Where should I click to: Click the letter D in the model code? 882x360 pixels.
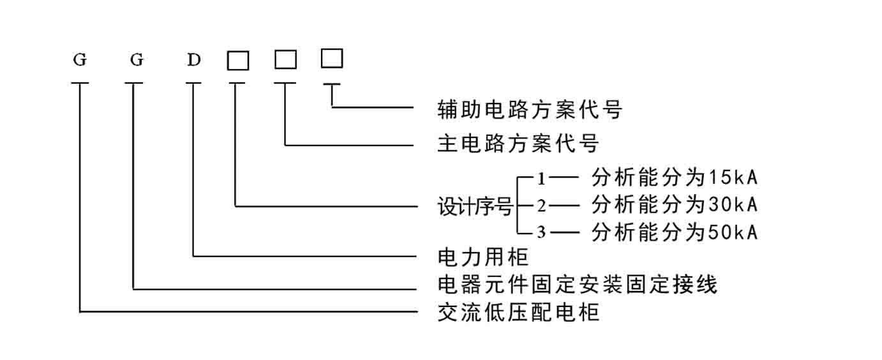(194, 60)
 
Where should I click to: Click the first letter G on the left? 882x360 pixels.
(80, 60)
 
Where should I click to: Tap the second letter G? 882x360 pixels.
(137, 60)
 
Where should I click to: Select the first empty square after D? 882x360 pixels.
(238, 61)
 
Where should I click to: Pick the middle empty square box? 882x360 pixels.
(285, 59)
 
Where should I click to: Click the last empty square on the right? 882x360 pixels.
(332, 58)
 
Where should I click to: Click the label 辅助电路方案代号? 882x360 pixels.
(530, 109)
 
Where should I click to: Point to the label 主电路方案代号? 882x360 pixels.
(518, 142)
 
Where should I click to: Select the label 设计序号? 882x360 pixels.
(475, 206)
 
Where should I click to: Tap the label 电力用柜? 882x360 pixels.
(482, 257)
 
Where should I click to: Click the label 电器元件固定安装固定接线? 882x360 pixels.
(577, 285)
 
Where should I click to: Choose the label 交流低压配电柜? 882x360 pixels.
(519, 312)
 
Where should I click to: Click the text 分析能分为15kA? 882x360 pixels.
(675, 177)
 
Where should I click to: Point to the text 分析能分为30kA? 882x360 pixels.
(675, 205)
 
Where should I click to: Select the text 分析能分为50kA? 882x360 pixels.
(675, 232)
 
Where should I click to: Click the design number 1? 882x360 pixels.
(541, 179)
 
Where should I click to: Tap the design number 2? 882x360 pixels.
(541, 206)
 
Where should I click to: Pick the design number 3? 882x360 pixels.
(541, 232)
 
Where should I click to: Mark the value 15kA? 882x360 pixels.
(733, 178)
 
